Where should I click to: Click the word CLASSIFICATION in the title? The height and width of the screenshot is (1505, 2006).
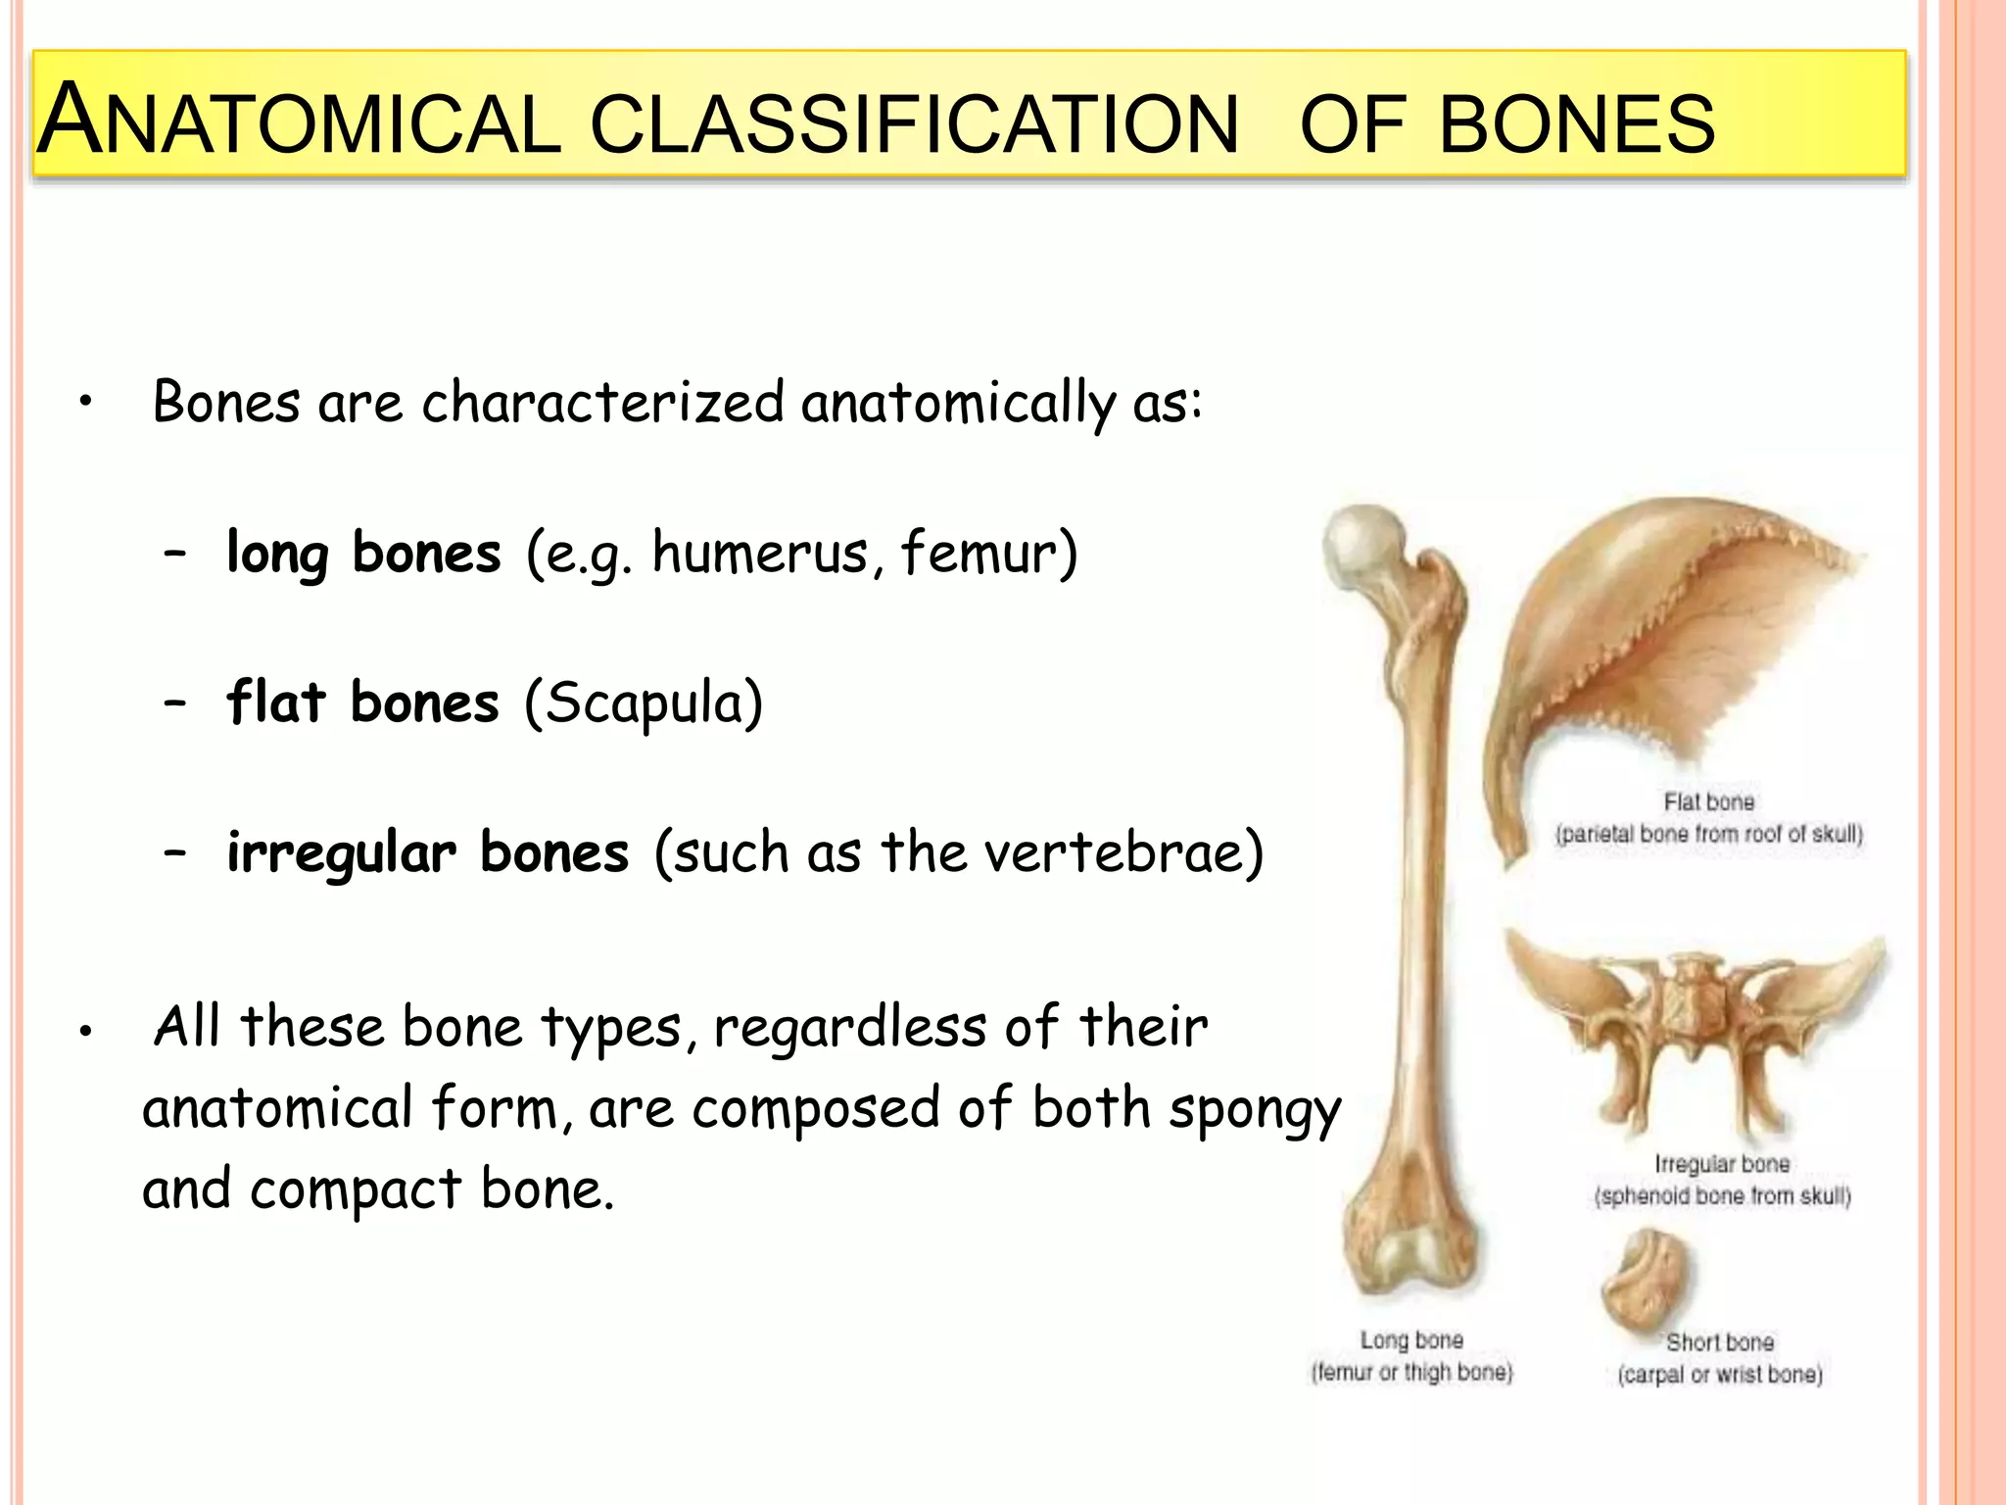(x=915, y=124)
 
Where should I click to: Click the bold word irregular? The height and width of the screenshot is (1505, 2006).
(x=341, y=852)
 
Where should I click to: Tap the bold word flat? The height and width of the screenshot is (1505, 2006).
(x=275, y=703)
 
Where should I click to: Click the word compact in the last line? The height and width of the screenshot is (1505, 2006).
(x=355, y=1189)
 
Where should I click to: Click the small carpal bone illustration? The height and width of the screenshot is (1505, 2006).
(x=1648, y=1279)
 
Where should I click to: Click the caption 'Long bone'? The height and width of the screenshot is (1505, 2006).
(x=1411, y=1339)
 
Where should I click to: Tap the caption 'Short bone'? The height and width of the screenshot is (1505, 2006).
(x=1720, y=1341)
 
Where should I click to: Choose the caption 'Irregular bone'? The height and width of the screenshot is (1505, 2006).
(x=1722, y=1163)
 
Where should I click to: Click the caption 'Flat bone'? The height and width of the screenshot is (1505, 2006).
(x=1708, y=801)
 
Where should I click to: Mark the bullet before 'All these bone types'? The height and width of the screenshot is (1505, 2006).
(x=86, y=1031)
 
